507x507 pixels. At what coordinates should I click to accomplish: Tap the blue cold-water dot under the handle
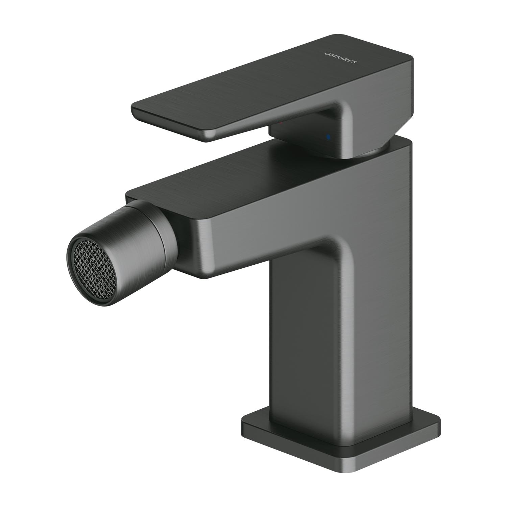coord(327,137)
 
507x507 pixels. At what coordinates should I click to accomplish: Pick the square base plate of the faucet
coord(341,439)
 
